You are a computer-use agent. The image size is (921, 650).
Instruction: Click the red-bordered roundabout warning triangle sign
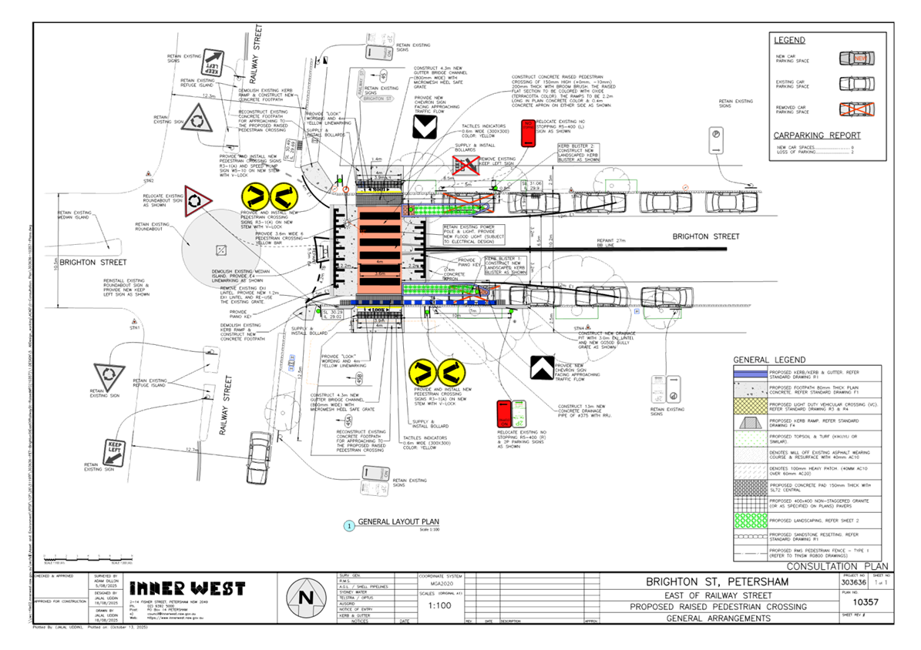[x=198, y=200]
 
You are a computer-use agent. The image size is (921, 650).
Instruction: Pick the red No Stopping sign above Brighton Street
[x=528, y=133]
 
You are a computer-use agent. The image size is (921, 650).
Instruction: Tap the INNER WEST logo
[x=188, y=589]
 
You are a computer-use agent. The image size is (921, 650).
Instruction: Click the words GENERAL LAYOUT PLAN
[x=398, y=521]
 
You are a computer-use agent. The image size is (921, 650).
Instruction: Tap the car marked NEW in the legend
[x=856, y=58]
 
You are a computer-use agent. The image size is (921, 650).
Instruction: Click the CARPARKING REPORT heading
[x=818, y=136]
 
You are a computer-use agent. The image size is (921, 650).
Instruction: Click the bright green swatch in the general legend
[x=748, y=520]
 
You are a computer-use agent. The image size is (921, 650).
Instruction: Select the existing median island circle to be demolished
[x=220, y=248]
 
